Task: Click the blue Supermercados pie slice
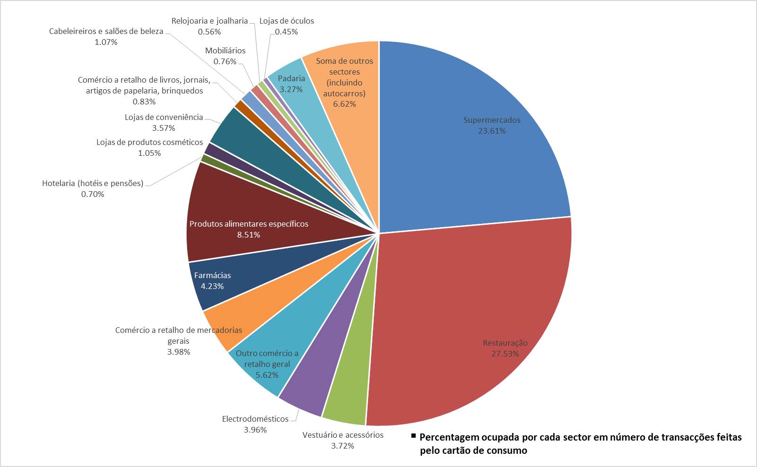click(473, 142)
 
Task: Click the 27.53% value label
click(505, 354)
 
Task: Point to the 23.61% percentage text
click(492, 131)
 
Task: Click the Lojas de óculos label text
click(286, 21)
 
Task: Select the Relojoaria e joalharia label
click(209, 21)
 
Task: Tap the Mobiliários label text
click(225, 51)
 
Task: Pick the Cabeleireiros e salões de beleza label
click(106, 31)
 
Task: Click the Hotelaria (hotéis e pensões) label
click(93, 183)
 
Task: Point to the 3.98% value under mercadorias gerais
click(179, 352)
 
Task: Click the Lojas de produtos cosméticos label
click(149, 142)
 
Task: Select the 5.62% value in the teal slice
click(267, 375)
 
